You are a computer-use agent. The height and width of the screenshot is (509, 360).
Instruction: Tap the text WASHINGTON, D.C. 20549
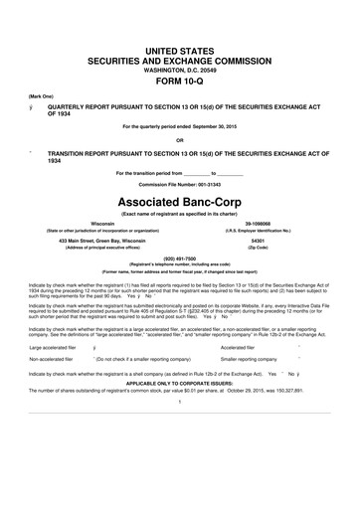(179, 70)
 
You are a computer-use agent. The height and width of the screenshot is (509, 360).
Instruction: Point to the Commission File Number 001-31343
(179, 186)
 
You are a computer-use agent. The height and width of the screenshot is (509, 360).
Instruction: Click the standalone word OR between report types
(179, 139)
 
